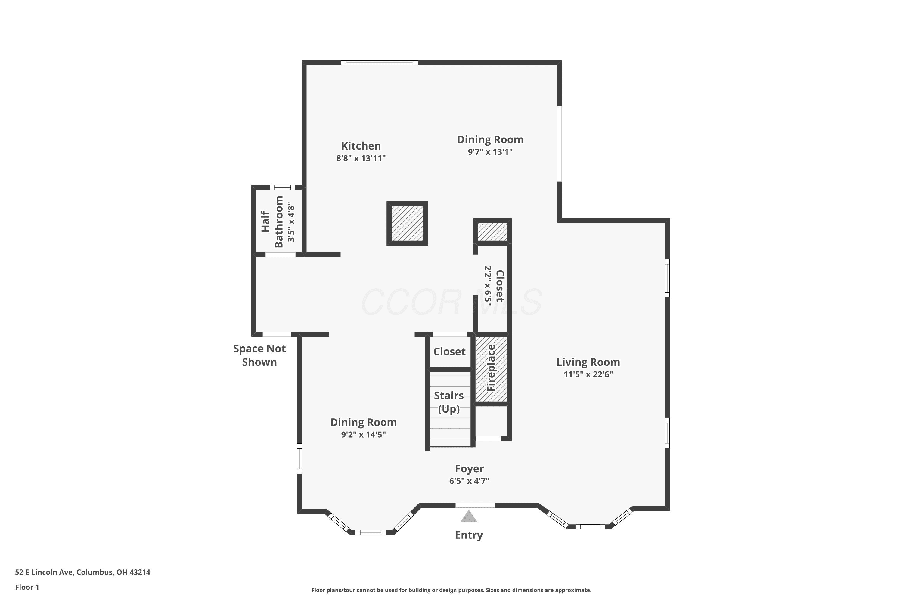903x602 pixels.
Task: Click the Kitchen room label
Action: tap(361, 146)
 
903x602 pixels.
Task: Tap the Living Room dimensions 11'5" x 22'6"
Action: tap(588, 374)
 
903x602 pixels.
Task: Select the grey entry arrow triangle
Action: tap(469, 517)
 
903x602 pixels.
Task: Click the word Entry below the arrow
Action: tap(469, 535)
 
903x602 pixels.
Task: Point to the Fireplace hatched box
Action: tap(492, 368)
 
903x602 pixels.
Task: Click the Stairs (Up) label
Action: tap(449, 402)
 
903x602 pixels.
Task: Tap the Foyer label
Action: tap(469, 469)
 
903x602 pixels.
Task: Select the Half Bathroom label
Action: tap(272, 222)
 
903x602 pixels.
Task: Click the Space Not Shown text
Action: tap(259, 355)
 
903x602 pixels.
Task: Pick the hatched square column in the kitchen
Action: tap(407, 223)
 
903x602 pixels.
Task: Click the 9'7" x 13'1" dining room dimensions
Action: tap(490, 152)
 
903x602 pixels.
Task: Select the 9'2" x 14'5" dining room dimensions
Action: tap(363, 435)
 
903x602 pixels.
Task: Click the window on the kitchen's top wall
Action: tap(380, 63)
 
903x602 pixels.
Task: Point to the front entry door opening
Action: tap(475, 505)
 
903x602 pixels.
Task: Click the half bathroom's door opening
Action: tap(280, 255)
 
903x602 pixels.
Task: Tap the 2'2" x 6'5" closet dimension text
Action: tap(488, 286)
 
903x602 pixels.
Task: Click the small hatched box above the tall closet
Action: tap(492, 231)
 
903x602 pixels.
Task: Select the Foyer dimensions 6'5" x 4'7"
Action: tap(469, 481)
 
